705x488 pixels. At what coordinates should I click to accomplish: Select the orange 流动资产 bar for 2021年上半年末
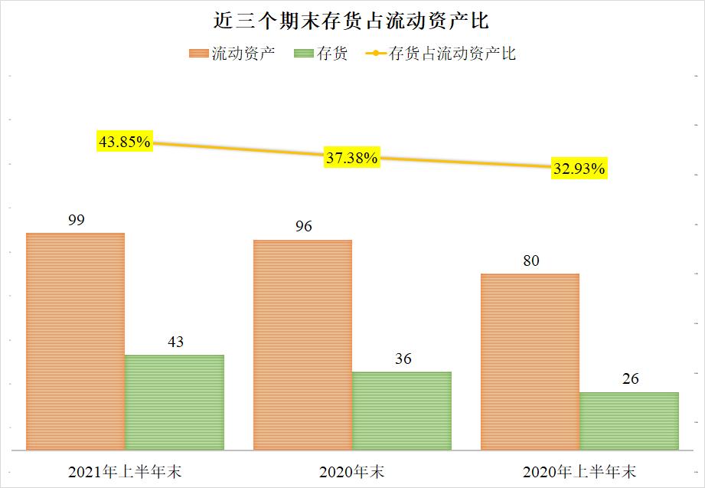[75, 341]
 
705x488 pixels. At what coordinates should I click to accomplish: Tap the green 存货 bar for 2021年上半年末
[175, 402]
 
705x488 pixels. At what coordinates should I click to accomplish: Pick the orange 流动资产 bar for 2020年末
[302, 345]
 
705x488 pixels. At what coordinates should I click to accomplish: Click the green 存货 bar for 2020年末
[402, 411]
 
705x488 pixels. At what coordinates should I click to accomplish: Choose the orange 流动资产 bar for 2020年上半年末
[530, 362]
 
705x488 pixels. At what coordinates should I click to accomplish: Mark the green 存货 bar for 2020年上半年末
[629, 421]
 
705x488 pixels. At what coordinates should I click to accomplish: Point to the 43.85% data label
[125, 142]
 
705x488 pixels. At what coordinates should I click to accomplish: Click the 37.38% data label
[351, 158]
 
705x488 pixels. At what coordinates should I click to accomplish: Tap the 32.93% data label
[579, 169]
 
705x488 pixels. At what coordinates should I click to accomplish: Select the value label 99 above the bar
[76, 220]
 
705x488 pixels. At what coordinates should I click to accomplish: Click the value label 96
[303, 227]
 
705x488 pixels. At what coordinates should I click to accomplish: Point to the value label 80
[530, 261]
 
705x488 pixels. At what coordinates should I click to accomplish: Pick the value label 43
[175, 342]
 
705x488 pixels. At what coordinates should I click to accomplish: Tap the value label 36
[403, 359]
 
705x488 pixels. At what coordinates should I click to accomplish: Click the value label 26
[630, 379]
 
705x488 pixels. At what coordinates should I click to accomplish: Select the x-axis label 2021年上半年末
[125, 470]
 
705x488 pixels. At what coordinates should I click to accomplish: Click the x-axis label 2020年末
[352, 470]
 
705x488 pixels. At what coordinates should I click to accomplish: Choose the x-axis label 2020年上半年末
[579, 470]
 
